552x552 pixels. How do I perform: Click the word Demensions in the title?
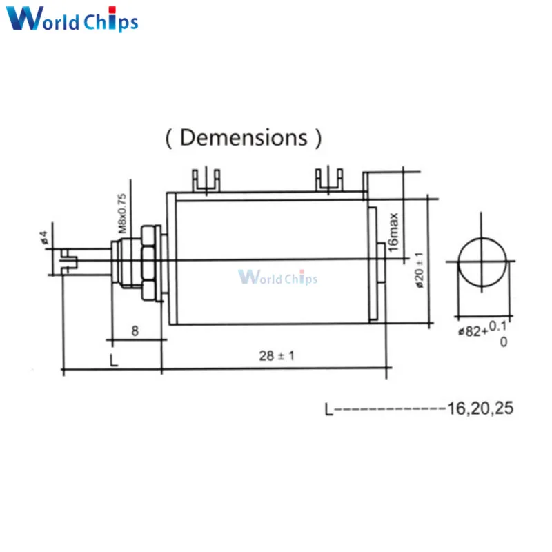(244, 137)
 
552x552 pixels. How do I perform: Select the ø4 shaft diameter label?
(43, 237)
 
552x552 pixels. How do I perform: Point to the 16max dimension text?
(393, 233)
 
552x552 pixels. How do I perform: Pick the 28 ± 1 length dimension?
(277, 355)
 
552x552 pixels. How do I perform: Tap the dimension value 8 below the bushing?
(135, 331)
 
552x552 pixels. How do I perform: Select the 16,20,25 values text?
(481, 408)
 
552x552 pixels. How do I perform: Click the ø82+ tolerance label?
(472, 331)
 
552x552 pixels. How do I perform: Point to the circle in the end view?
(482, 262)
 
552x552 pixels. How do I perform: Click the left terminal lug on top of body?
(206, 181)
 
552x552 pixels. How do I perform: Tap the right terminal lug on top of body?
(329, 181)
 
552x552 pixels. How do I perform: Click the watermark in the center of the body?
(277, 278)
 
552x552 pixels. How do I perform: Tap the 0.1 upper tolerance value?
(498, 325)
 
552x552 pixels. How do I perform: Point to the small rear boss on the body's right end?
(383, 262)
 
